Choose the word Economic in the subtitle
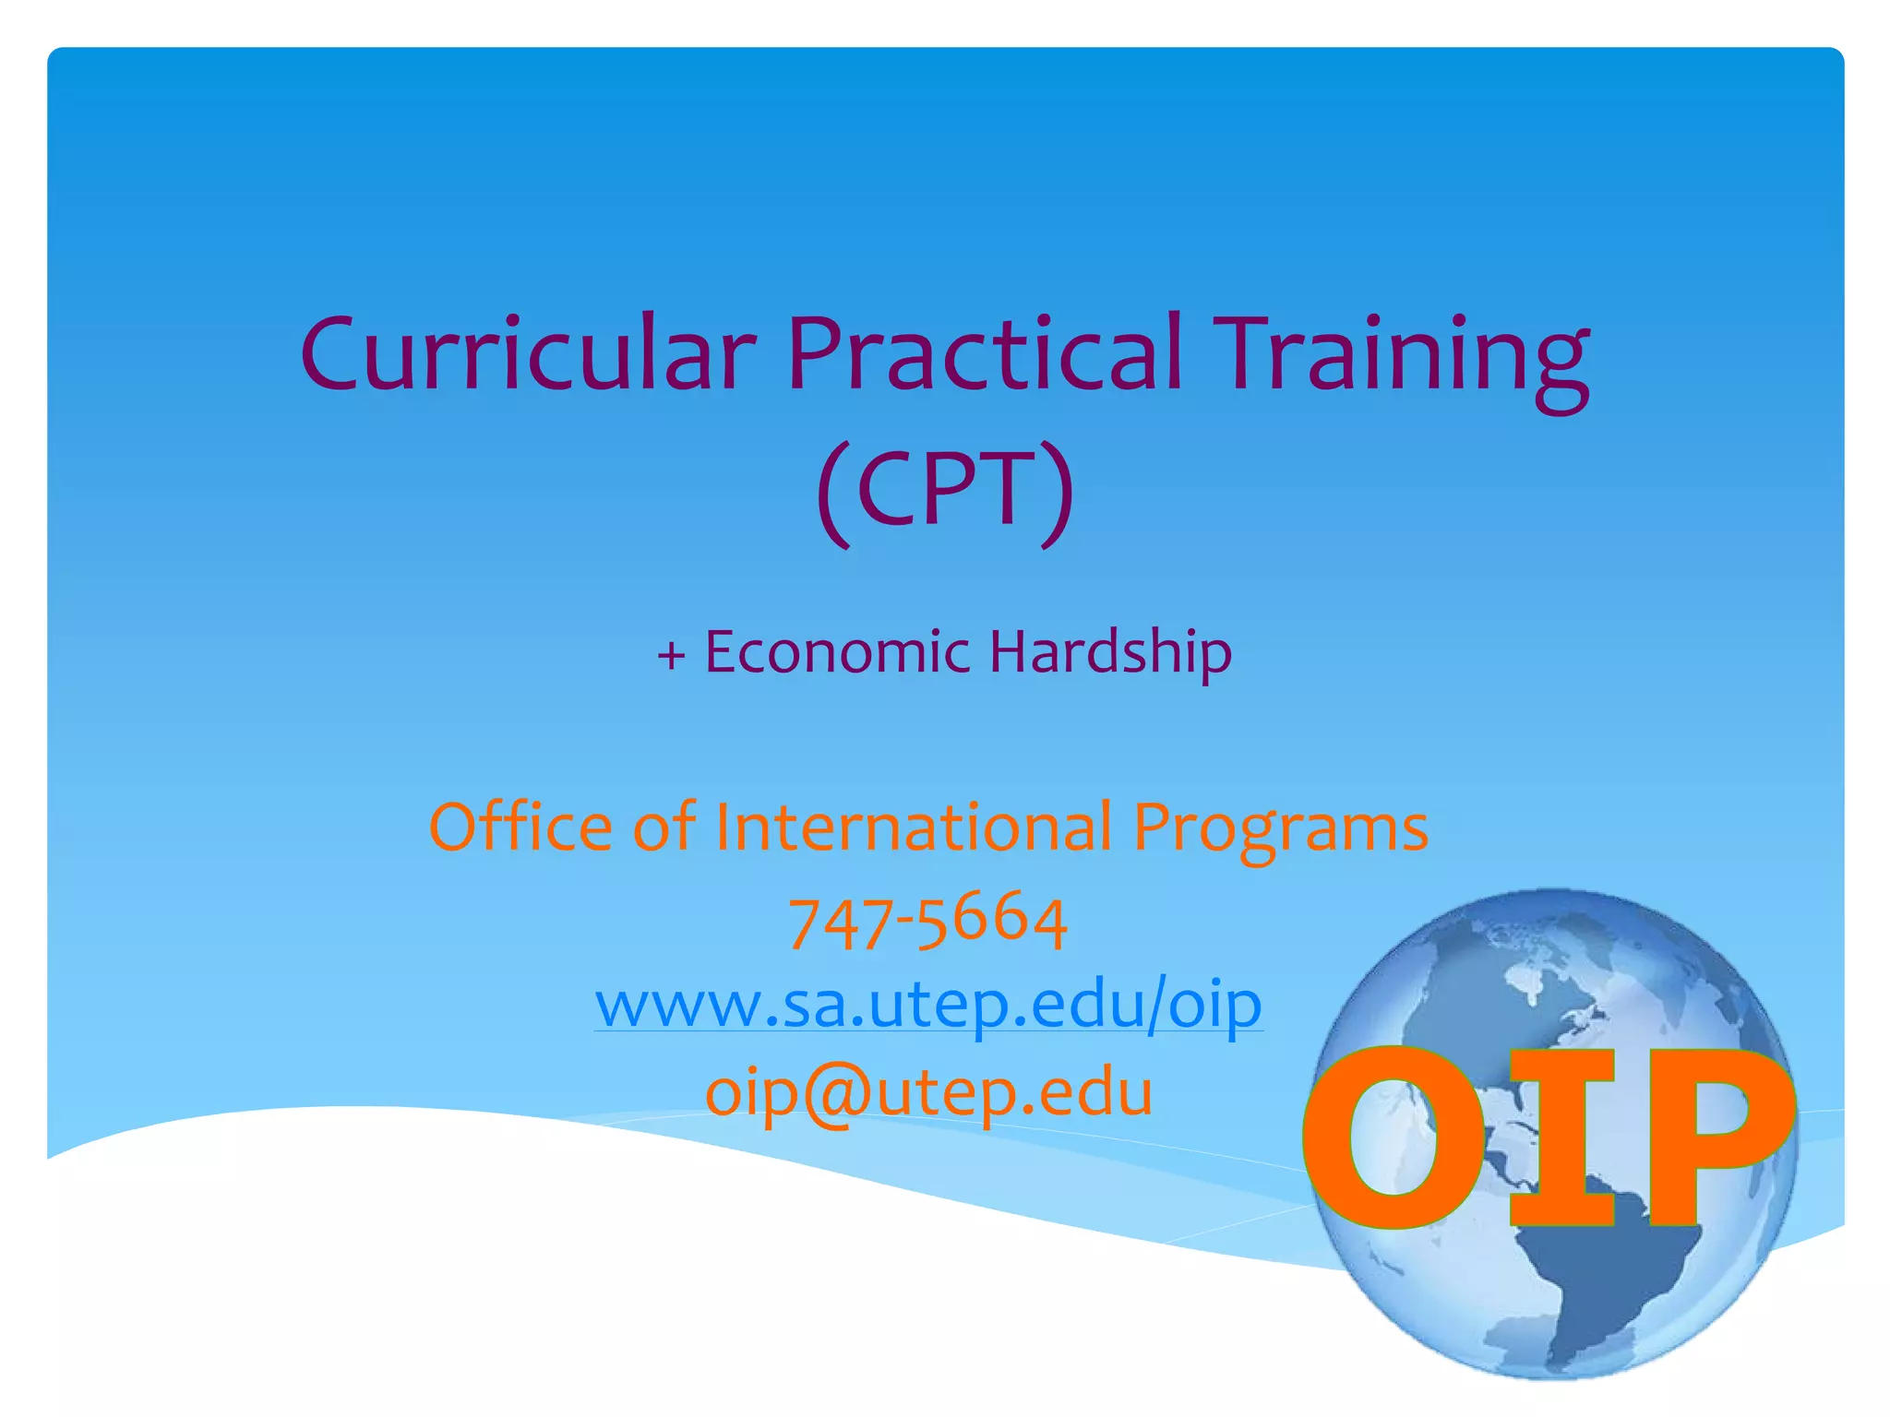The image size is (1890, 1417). (x=836, y=651)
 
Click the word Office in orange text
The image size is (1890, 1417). (x=520, y=827)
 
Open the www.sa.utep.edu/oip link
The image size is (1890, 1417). (x=928, y=1005)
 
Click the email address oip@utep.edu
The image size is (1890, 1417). (x=928, y=1093)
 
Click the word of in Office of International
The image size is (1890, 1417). (x=664, y=827)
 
